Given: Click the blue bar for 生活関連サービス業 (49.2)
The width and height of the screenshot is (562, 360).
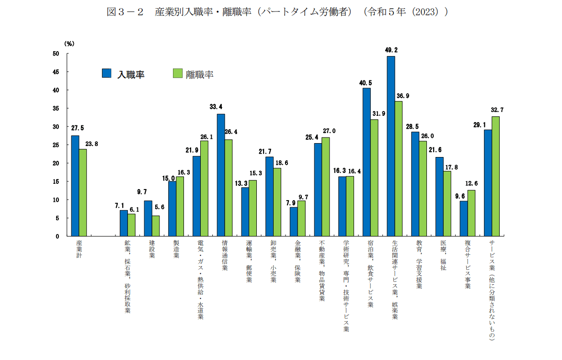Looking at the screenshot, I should [x=391, y=146].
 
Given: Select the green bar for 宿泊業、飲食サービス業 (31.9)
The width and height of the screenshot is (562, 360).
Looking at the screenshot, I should [x=374, y=178].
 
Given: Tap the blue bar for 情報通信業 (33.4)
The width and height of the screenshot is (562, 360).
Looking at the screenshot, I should [x=221, y=175].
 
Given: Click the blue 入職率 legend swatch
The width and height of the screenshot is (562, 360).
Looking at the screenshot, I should [x=107, y=73].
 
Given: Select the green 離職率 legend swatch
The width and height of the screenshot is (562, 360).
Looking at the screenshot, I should [x=177, y=73].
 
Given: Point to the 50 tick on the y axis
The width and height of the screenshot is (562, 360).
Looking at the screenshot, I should [x=56, y=54].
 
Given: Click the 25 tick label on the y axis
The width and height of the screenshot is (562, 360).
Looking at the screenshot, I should [x=56, y=145].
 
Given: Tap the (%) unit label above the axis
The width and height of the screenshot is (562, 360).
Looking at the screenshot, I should [x=69, y=43].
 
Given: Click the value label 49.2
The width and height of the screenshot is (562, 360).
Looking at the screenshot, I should [x=391, y=49].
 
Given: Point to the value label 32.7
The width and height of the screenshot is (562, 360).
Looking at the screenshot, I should [x=496, y=110].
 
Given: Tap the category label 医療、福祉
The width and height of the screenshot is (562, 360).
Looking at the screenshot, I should [x=443, y=256].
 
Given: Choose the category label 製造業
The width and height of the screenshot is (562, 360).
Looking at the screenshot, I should [x=176, y=249].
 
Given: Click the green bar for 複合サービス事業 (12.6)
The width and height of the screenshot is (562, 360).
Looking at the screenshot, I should [x=471, y=213].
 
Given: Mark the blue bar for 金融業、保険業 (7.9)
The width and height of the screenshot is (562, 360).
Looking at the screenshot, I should [x=294, y=222].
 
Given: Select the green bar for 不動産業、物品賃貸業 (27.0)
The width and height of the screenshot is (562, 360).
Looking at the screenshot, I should [x=326, y=187].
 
